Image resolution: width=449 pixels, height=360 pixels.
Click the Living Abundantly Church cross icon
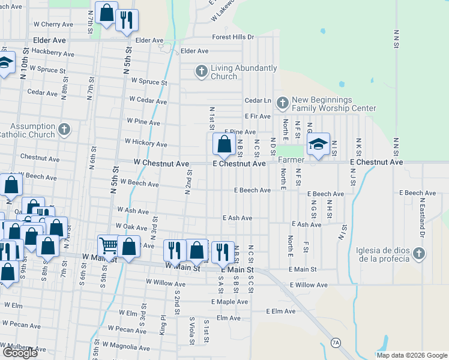(202, 72)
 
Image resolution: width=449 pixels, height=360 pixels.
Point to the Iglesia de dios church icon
(419, 254)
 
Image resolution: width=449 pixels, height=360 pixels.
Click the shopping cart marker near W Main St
(108, 246)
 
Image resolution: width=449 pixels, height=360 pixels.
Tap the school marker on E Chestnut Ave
(318, 145)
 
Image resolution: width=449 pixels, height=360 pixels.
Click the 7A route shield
(336, 343)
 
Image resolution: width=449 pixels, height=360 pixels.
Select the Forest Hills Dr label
(233, 37)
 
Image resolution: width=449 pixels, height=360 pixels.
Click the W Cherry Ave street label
(54, 25)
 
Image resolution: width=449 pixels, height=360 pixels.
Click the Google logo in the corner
(20, 353)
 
